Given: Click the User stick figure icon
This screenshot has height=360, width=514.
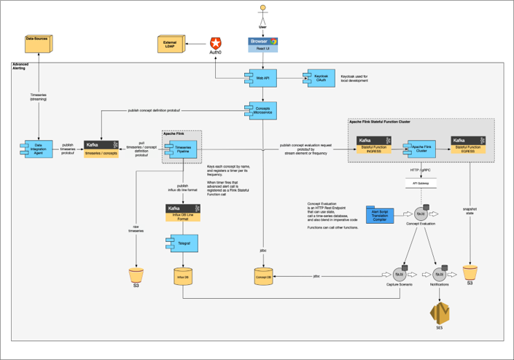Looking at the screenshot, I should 263,15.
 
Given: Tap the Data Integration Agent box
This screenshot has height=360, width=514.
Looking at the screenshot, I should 39,149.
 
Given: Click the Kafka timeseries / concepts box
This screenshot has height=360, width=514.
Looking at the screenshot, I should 101,149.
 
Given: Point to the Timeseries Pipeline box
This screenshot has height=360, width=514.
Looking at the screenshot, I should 182,148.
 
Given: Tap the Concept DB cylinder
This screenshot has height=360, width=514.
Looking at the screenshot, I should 263,276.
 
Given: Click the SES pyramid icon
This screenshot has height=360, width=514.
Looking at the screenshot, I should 439,313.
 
